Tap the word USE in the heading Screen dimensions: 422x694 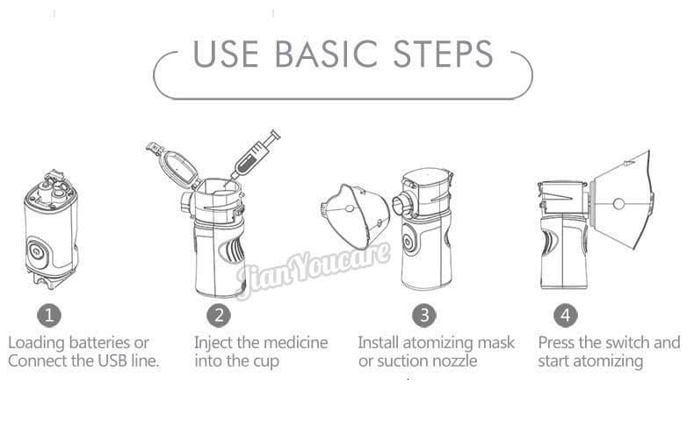click(x=227, y=55)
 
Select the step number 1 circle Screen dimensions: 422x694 click(x=49, y=315)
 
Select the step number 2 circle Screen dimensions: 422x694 click(x=219, y=315)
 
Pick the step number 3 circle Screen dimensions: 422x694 click(x=423, y=315)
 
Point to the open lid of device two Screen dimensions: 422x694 click(x=172, y=163)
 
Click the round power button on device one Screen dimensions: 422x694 click(x=39, y=250)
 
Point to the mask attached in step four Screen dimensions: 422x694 click(x=625, y=204)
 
